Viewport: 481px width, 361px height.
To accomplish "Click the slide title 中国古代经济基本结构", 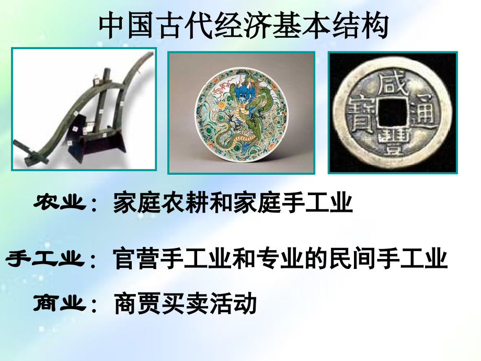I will click(244, 26).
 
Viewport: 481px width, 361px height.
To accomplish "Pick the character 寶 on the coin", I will click(361, 111).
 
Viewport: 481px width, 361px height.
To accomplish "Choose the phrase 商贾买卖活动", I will click(185, 303).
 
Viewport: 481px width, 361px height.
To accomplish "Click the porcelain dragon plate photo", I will click(241, 112).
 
